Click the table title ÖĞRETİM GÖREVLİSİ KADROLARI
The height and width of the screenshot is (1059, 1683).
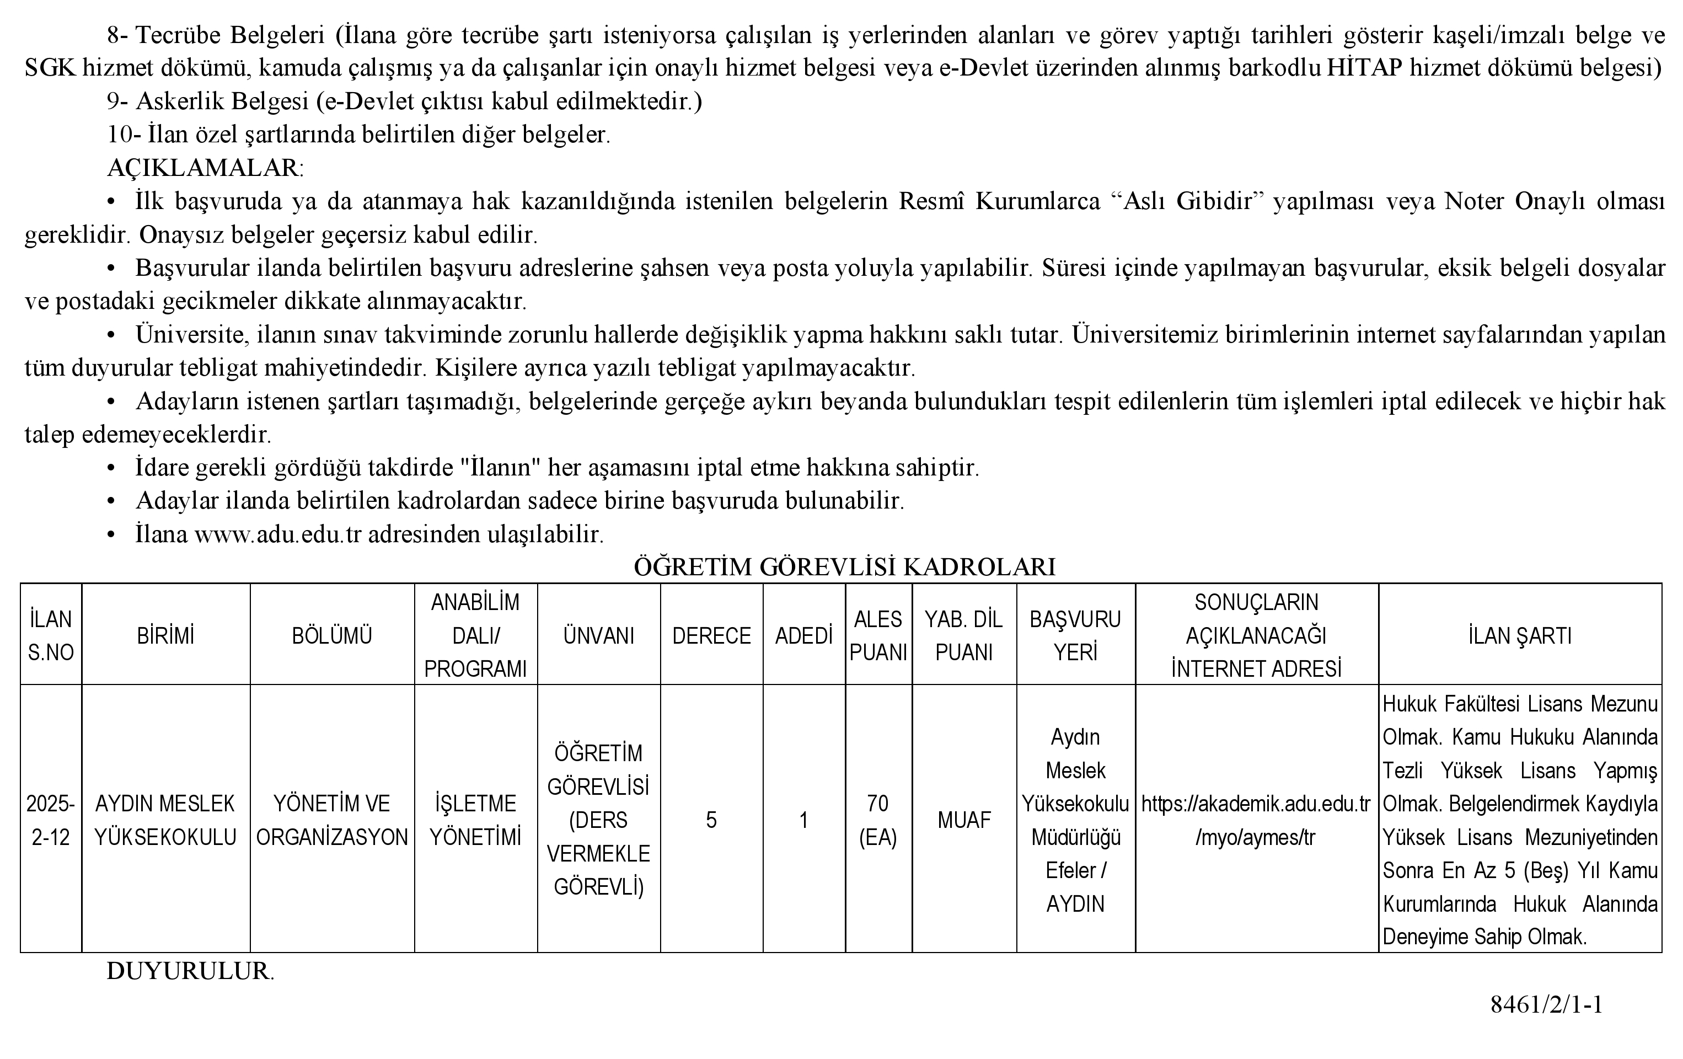[844, 566]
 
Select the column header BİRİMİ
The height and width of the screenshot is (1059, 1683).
[165, 635]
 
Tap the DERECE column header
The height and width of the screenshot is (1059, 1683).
[711, 635]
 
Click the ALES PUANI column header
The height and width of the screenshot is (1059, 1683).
[878, 635]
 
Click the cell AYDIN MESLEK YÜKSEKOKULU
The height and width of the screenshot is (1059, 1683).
[165, 820]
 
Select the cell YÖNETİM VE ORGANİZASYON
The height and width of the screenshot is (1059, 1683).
[332, 820]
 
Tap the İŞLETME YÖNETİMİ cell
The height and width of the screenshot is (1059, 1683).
[475, 820]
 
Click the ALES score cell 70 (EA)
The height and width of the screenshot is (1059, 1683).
[878, 820]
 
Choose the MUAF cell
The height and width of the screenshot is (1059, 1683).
[964, 820]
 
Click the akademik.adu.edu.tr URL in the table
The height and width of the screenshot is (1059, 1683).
[1256, 820]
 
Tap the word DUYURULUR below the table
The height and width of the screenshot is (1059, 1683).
[189, 971]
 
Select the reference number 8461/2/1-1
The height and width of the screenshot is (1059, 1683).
[1546, 1004]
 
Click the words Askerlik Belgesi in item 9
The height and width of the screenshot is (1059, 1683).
[222, 101]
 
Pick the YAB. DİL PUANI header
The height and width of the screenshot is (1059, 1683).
[964, 635]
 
